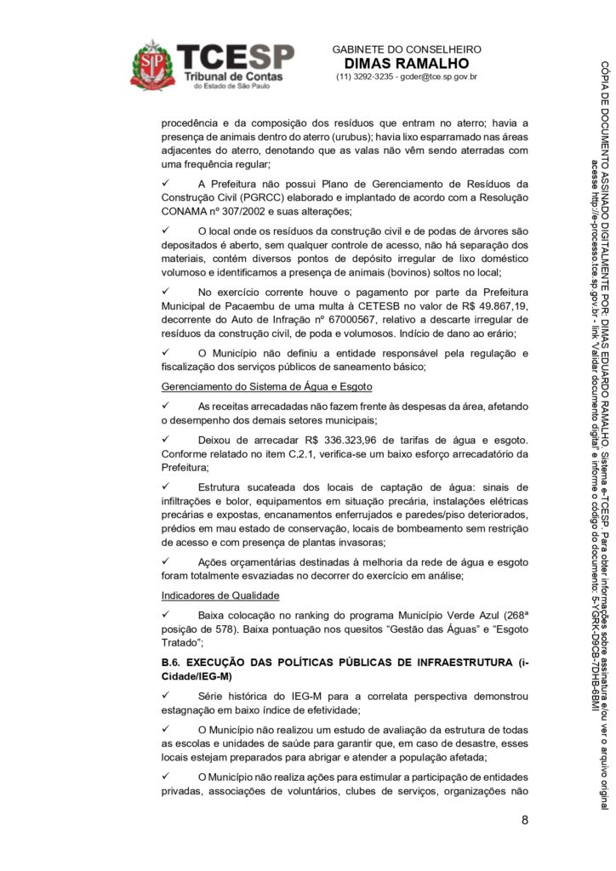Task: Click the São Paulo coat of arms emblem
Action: [152, 65]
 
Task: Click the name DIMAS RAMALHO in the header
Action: [407, 64]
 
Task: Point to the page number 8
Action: [525, 821]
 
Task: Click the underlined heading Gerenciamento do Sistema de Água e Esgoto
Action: [255, 386]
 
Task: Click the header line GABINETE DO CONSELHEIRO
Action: [407, 49]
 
